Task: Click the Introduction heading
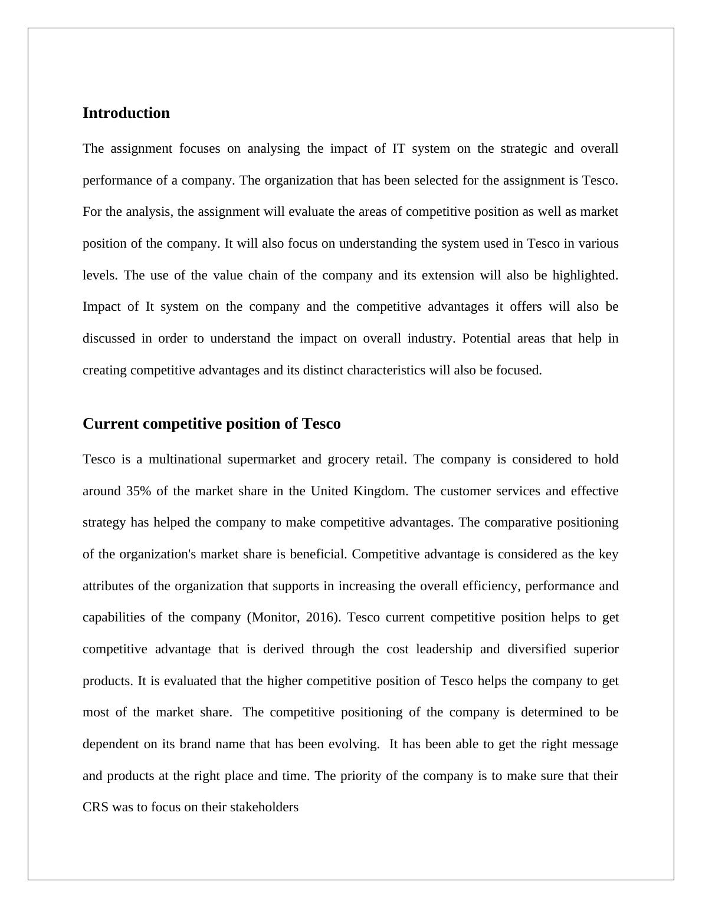tap(126, 113)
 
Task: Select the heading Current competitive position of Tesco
tap(211, 424)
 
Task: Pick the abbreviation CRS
tap(96, 807)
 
